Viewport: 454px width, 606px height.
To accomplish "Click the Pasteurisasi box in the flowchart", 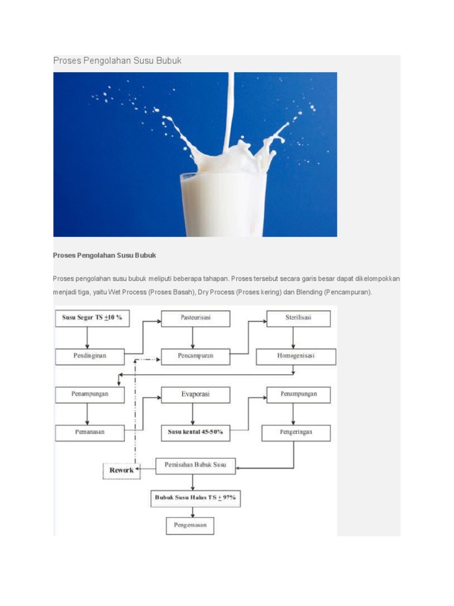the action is [x=195, y=318].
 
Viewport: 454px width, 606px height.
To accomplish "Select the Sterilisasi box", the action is [x=299, y=318].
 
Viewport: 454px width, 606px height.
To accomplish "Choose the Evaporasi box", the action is [x=195, y=395].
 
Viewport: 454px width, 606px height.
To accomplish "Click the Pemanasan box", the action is [x=90, y=433].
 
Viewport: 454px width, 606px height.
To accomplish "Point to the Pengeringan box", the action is [x=296, y=433].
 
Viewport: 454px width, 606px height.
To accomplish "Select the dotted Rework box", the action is [x=122, y=470].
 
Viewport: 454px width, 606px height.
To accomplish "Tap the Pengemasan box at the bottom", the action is [x=190, y=526].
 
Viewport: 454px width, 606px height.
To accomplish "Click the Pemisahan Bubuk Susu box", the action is [x=195, y=466].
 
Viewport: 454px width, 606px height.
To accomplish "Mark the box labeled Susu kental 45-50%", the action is [x=195, y=433].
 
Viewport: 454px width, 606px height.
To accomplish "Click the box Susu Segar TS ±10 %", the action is [x=92, y=318].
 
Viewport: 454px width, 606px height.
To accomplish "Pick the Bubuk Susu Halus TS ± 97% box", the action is [x=195, y=498].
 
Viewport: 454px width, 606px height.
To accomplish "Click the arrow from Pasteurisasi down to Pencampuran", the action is [x=193, y=338].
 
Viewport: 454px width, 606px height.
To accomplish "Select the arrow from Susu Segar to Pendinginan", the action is [x=87, y=338].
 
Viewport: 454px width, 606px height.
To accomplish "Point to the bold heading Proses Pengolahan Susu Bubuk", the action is [x=104, y=256].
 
